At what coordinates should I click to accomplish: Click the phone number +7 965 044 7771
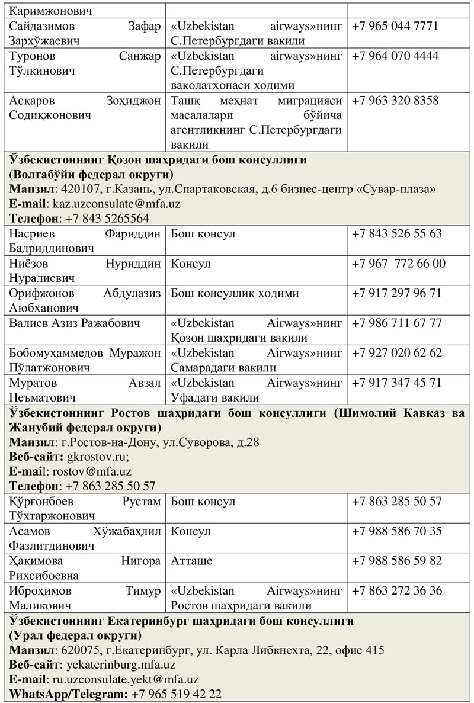coord(395,27)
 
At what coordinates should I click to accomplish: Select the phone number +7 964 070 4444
coord(395,56)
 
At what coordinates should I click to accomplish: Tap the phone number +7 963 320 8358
coord(395,101)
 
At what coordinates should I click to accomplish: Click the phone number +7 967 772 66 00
coord(399,264)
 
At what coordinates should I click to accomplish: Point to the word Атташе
coord(191,561)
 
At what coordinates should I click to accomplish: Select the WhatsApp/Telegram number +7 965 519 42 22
coord(177,694)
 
